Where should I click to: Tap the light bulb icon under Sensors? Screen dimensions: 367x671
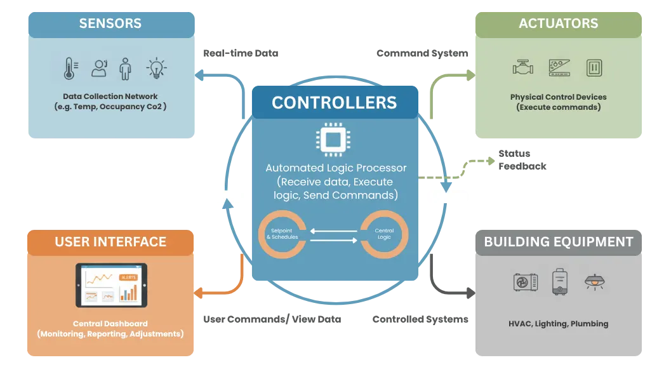[x=156, y=67]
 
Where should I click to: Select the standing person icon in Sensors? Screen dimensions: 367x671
[x=125, y=68]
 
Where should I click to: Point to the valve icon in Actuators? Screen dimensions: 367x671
[x=522, y=67]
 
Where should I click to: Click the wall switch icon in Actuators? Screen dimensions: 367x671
[x=594, y=67]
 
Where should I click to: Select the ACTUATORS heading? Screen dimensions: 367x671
[x=558, y=24]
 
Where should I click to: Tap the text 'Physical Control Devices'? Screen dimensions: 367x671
[x=558, y=97]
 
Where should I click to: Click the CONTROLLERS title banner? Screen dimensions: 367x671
[x=334, y=102]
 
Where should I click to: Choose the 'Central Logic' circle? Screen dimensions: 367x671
[x=384, y=234]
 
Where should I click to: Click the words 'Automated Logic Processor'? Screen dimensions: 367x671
[x=335, y=168]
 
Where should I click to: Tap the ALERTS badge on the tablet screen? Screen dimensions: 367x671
[x=128, y=277]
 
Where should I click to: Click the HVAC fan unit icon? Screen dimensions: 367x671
[x=525, y=282]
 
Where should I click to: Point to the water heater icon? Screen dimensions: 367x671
[x=559, y=282]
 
